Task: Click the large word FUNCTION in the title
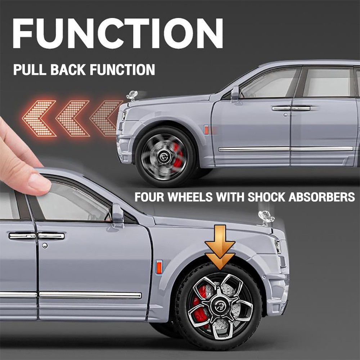118,33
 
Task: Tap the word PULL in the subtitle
30,69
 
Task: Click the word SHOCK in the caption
266,197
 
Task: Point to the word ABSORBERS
321,197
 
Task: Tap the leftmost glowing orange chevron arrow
39,118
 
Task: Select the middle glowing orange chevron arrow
73,118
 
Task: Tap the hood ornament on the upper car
132,95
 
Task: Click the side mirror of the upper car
235,93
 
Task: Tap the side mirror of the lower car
118,213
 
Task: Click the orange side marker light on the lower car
159,267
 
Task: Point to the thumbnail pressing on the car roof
39,183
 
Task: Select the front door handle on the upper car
281,108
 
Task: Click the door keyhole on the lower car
45,246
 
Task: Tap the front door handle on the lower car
51,236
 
